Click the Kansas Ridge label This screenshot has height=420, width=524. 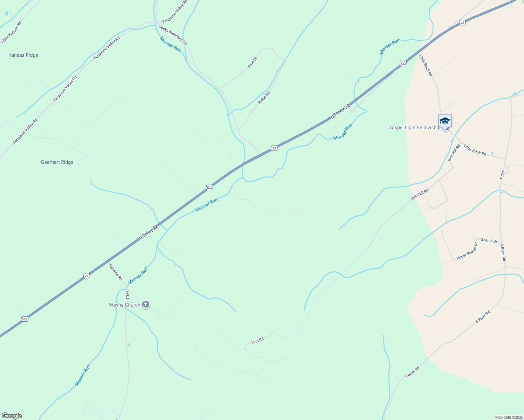coord(23,55)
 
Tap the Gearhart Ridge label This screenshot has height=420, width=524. coord(57,162)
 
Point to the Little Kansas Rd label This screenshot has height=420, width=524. coord(11,33)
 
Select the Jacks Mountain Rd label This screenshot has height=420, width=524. coord(173,35)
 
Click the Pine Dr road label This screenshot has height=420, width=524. coord(253,62)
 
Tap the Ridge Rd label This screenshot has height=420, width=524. coord(264,98)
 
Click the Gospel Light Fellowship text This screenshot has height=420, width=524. coord(414,127)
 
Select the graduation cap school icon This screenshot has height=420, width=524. coord(445,121)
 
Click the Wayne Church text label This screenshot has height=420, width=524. coord(124,305)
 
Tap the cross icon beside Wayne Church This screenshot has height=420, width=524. coord(146,304)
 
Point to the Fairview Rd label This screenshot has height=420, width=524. coord(115,272)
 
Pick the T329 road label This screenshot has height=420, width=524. coord(503,176)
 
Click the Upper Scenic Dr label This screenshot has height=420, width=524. coord(467,251)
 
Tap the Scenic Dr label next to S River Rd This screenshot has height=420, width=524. coord(489,240)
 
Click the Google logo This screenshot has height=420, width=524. coord(12,416)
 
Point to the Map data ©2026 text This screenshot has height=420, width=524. coord(509,417)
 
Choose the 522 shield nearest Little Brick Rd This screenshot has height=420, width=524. coord(403,63)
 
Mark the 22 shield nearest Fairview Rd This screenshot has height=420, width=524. coord(87,275)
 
